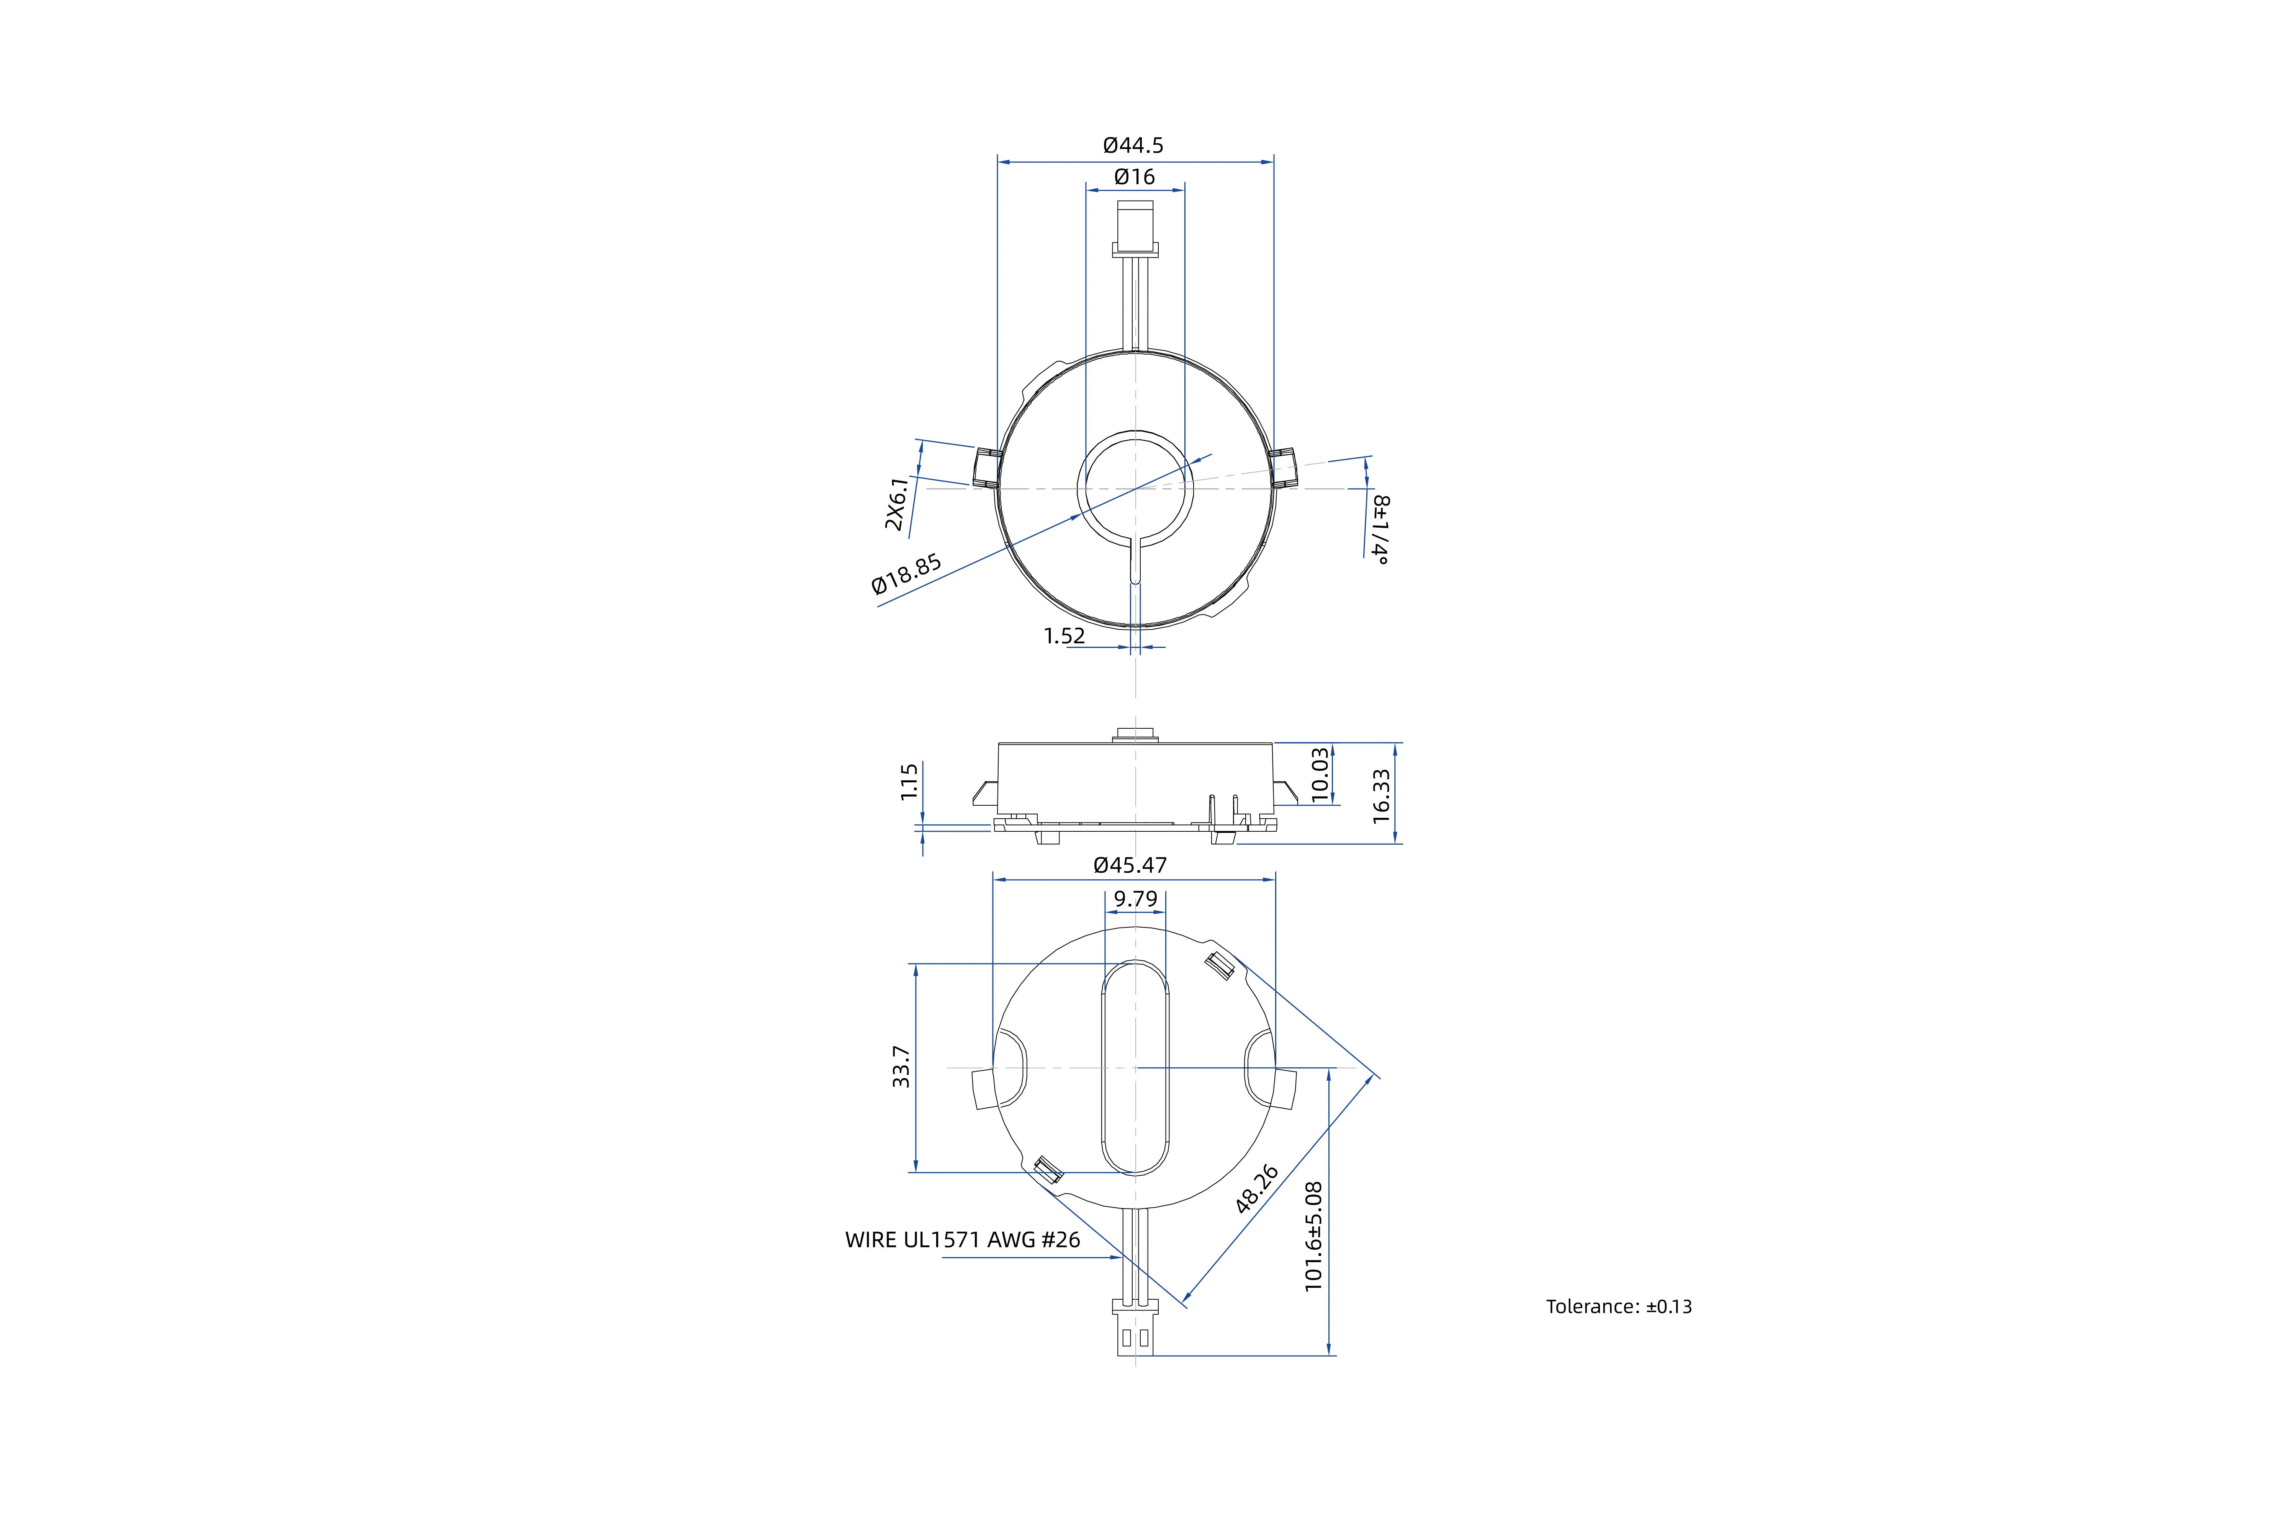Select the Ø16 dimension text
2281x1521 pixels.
pos(1134,177)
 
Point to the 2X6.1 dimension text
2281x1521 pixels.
pos(897,504)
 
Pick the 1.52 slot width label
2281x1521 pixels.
pos(1064,636)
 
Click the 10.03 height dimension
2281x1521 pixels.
pos(1320,774)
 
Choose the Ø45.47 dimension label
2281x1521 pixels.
pos(1130,865)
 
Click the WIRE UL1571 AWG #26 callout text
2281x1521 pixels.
pos(963,1240)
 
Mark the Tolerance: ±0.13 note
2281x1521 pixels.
pos(1618,1307)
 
